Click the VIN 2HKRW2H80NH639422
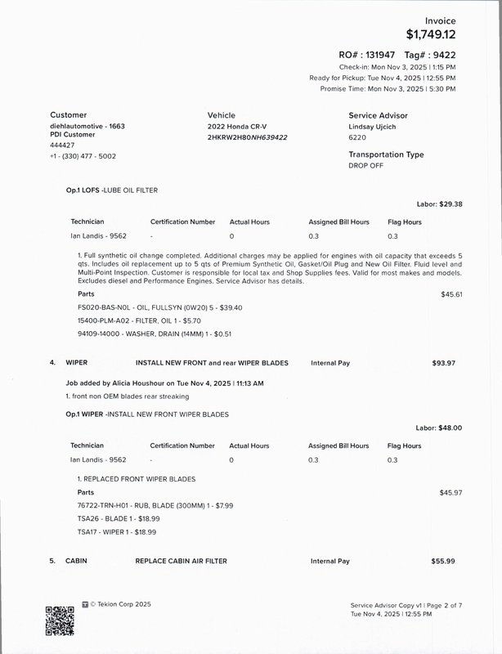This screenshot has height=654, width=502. [x=248, y=137]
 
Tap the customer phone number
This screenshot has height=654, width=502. [x=83, y=155]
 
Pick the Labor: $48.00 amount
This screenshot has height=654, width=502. [x=439, y=428]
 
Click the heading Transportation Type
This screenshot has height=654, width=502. [x=386, y=155]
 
